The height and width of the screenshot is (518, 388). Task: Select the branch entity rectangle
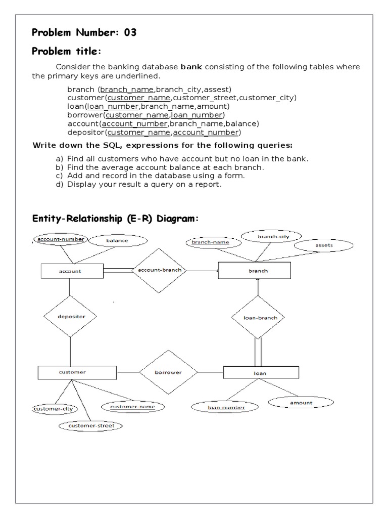(254, 271)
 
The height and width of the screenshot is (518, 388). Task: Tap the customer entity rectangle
(72, 372)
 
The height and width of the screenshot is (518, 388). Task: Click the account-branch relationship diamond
(160, 270)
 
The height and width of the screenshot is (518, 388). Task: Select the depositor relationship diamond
(71, 317)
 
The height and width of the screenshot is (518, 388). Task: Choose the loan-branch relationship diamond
(257, 318)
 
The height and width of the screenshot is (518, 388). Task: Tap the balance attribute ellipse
(117, 241)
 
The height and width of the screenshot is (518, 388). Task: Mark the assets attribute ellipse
(324, 245)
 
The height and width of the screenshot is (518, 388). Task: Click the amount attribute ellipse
(301, 403)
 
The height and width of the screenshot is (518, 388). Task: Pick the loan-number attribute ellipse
(226, 407)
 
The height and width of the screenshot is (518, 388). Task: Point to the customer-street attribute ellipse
(91, 426)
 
